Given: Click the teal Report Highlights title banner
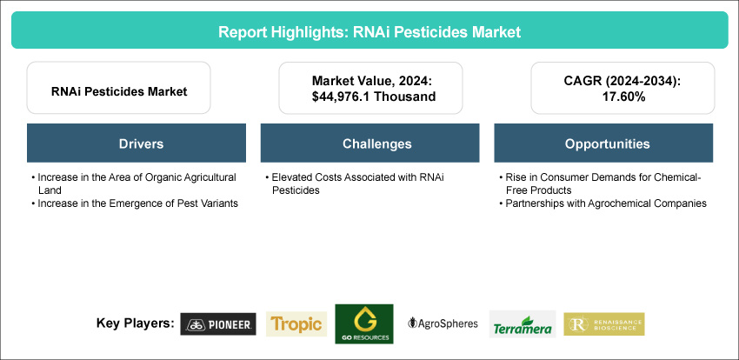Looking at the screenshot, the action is (x=369, y=30).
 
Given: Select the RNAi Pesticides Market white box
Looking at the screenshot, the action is (x=119, y=88).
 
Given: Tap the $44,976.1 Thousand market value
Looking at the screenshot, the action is (x=371, y=97).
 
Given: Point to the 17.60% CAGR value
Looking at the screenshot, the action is (x=622, y=97).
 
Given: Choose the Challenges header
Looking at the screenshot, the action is (x=370, y=143).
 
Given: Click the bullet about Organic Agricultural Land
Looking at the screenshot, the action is (x=133, y=183).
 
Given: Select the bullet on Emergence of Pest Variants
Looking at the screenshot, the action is (x=134, y=203).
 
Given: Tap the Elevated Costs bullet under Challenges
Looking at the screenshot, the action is (x=355, y=183).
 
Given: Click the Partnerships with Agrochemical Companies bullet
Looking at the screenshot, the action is (x=603, y=203).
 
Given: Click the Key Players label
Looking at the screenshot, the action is (x=136, y=323).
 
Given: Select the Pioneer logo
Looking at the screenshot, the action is (x=218, y=323).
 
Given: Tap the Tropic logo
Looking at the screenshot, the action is (x=296, y=323).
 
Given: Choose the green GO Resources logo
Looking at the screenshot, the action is (x=363, y=323).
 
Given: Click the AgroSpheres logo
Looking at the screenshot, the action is (x=443, y=323).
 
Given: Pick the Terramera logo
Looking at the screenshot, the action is (x=523, y=324).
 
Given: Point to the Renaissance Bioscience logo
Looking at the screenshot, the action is (x=604, y=323).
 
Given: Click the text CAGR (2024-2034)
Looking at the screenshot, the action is (x=622, y=80).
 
